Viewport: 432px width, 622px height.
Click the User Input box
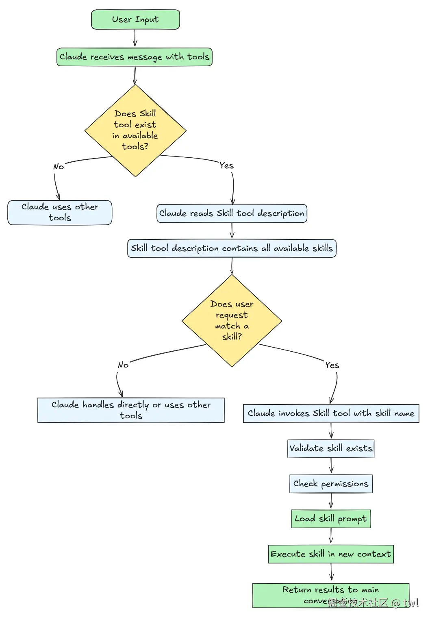pyautogui.click(x=135, y=20)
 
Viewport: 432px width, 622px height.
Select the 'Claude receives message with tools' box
pyautogui.click(x=135, y=57)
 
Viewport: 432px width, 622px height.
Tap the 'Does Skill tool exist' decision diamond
pyautogui.click(x=135, y=130)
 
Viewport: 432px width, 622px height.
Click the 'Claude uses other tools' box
pyautogui.click(x=60, y=212)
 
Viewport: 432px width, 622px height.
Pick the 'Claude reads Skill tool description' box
pyautogui.click(x=232, y=213)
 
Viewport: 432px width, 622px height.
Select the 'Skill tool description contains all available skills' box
pyautogui.click(x=232, y=248)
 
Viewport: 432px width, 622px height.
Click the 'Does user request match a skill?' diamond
pyautogui.click(x=232, y=321)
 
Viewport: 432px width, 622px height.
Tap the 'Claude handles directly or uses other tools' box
pyautogui.click(x=131, y=410)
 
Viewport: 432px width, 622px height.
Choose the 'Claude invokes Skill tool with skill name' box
pyautogui.click(x=331, y=413)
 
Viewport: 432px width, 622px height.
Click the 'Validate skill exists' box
pyautogui.click(x=331, y=448)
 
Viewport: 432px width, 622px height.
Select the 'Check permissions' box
pyautogui.click(x=331, y=484)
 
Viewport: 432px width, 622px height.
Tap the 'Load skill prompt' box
pyautogui.click(x=331, y=519)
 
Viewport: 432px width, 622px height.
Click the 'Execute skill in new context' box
pyautogui.click(x=331, y=554)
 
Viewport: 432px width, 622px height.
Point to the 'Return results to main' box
pyautogui.click(x=331, y=595)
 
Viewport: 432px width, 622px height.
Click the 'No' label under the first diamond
pyautogui.click(x=59, y=167)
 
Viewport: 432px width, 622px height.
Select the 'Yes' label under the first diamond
pyautogui.click(x=226, y=165)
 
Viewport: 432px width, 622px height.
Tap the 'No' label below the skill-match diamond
pyautogui.click(x=123, y=365)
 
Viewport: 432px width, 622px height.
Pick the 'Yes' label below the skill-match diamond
pyautogui.click(x=332, y=365)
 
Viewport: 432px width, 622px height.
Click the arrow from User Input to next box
pyautogui.click(x=135, y=39)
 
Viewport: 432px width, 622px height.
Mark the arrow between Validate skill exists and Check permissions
pyautogui.click(x=331, y=466)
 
